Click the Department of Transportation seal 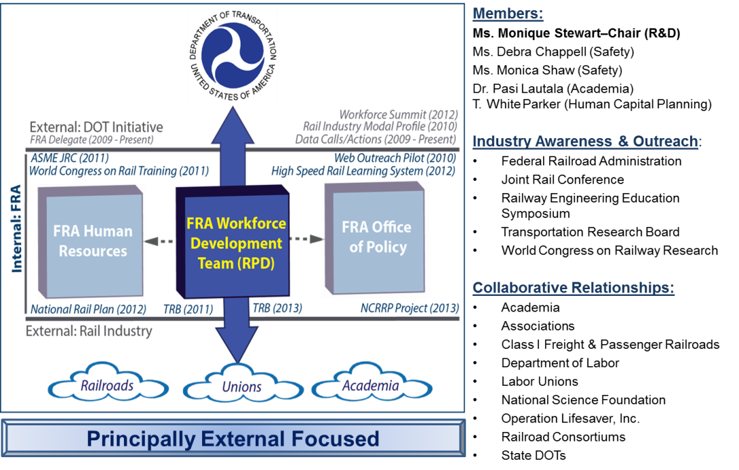[233, 52]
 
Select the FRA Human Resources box [91, 241]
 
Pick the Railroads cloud [107, 386]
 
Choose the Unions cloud [241, 387]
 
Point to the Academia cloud [370, 385]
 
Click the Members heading [507, 14]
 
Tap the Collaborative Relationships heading [573, 288]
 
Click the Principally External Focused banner [233, 438]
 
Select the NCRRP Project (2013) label [410, 308]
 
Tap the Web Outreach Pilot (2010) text [395, 158]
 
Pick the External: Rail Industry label [89, 331]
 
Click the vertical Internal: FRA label [16, 229]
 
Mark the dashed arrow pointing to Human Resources [161, 240]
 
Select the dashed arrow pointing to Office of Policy [306, 238]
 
